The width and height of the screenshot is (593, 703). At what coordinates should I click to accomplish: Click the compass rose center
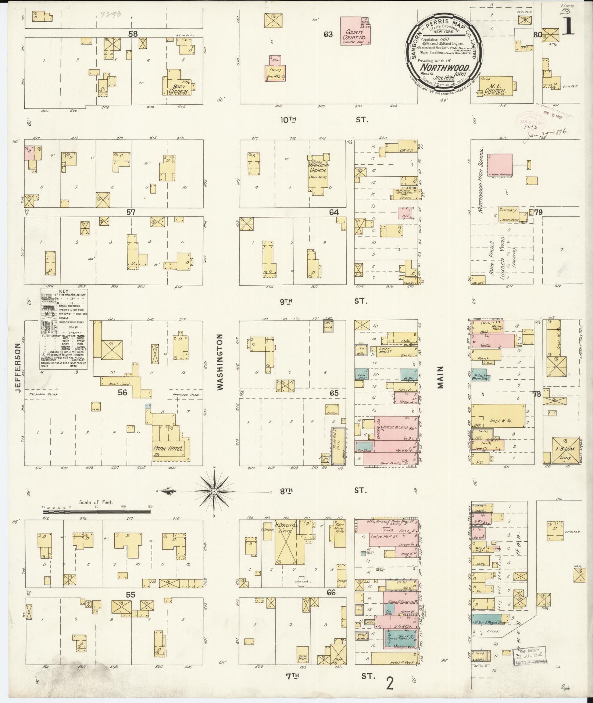pyautogui.click(x=214, y=491)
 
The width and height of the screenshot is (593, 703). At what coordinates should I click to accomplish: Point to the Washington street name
pyautogui.click(x=221, y=362)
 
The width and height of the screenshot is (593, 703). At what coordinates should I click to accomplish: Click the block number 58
pyautogui.click(x=133, y=34)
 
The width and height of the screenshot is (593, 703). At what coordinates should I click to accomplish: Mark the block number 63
pyautogui.click(x=328, y=35)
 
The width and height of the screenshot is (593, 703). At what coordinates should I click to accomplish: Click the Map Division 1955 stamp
pyautogui.click(x=529, y=656)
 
